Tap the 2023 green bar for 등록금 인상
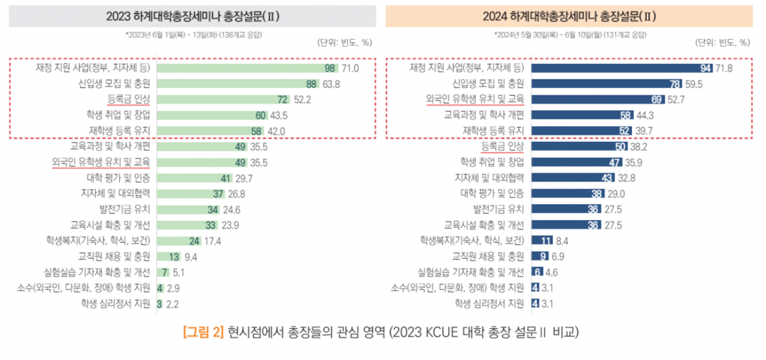224,99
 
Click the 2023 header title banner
192,16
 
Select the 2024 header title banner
568,16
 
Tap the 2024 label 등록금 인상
502,146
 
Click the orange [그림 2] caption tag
204,332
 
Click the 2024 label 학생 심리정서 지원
489,303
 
